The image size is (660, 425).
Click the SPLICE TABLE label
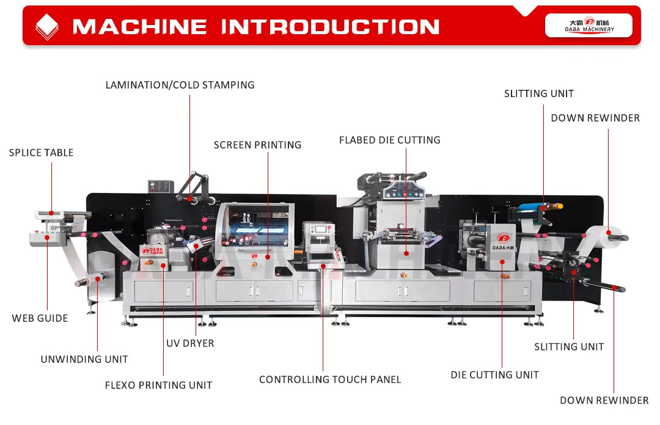(41, 153)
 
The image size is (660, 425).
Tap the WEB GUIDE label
(40, 318)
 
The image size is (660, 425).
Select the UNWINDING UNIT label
(84, 359)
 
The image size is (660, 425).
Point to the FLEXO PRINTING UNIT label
(158, 385)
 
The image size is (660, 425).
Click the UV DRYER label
(190, 343)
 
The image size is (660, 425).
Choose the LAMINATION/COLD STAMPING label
(180, 85)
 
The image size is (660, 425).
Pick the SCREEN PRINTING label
(257, 145)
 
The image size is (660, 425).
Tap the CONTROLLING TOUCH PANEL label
(330, 379)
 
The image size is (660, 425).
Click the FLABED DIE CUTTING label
(389, 140)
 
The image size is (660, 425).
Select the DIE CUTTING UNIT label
(494, 374)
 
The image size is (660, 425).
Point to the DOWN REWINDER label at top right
(595, 118)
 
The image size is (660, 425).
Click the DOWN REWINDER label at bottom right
(604, 401)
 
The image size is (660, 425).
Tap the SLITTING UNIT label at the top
(538, 93)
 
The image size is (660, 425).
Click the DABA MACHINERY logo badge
(588, 25)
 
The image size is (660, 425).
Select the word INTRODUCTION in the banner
(330, 27)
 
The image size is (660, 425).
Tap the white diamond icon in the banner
(48, 26)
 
